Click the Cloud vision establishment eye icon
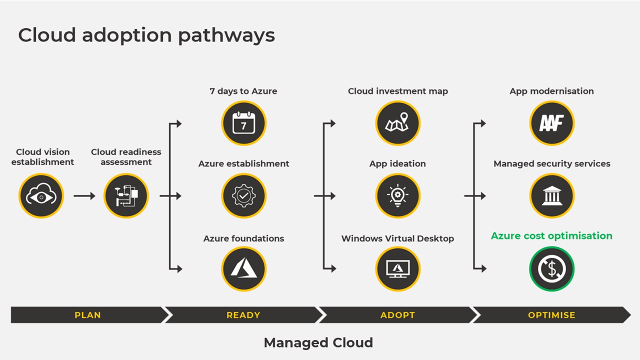pos(41,196)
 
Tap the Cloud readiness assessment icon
pos(126,196)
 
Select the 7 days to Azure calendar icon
pos(244,123)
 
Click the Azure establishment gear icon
pos(244,196)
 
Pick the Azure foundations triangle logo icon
pos(244,269)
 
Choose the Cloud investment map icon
pos(398,123)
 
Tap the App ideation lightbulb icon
pos(398,196)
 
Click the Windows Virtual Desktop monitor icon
pos(398,269)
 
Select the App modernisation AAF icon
pos(552,123)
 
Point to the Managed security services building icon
pos(552,196)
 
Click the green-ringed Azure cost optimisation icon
pos(552,269)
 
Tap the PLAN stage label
pos(87,315)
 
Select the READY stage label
pos(243,315)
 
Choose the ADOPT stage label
pos(398,315)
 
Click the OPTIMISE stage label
pos(551,315)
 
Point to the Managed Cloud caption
pos(318,342)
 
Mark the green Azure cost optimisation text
pos(551,236)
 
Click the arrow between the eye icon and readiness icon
pos(84,196)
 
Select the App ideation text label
pos(397,163)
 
